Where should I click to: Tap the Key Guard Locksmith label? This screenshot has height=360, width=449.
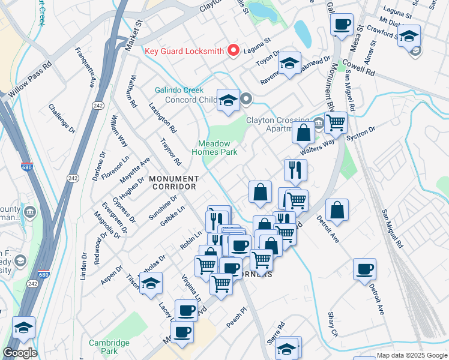tap(184, 51)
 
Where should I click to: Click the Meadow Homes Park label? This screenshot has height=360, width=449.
tap(218, 148)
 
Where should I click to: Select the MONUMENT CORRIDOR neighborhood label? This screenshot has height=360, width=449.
tap(173, 183)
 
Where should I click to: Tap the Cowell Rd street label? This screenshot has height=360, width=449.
tap(358, 66)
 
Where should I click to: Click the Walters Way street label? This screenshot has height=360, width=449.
tap(318, 147)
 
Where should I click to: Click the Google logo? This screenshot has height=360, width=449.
tap(19, 353)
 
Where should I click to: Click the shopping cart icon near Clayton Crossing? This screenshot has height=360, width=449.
tap(336, 122)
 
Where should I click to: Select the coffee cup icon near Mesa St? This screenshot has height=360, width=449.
tap(342, 25)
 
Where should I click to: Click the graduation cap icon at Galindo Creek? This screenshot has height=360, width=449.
tap(228, 100)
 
